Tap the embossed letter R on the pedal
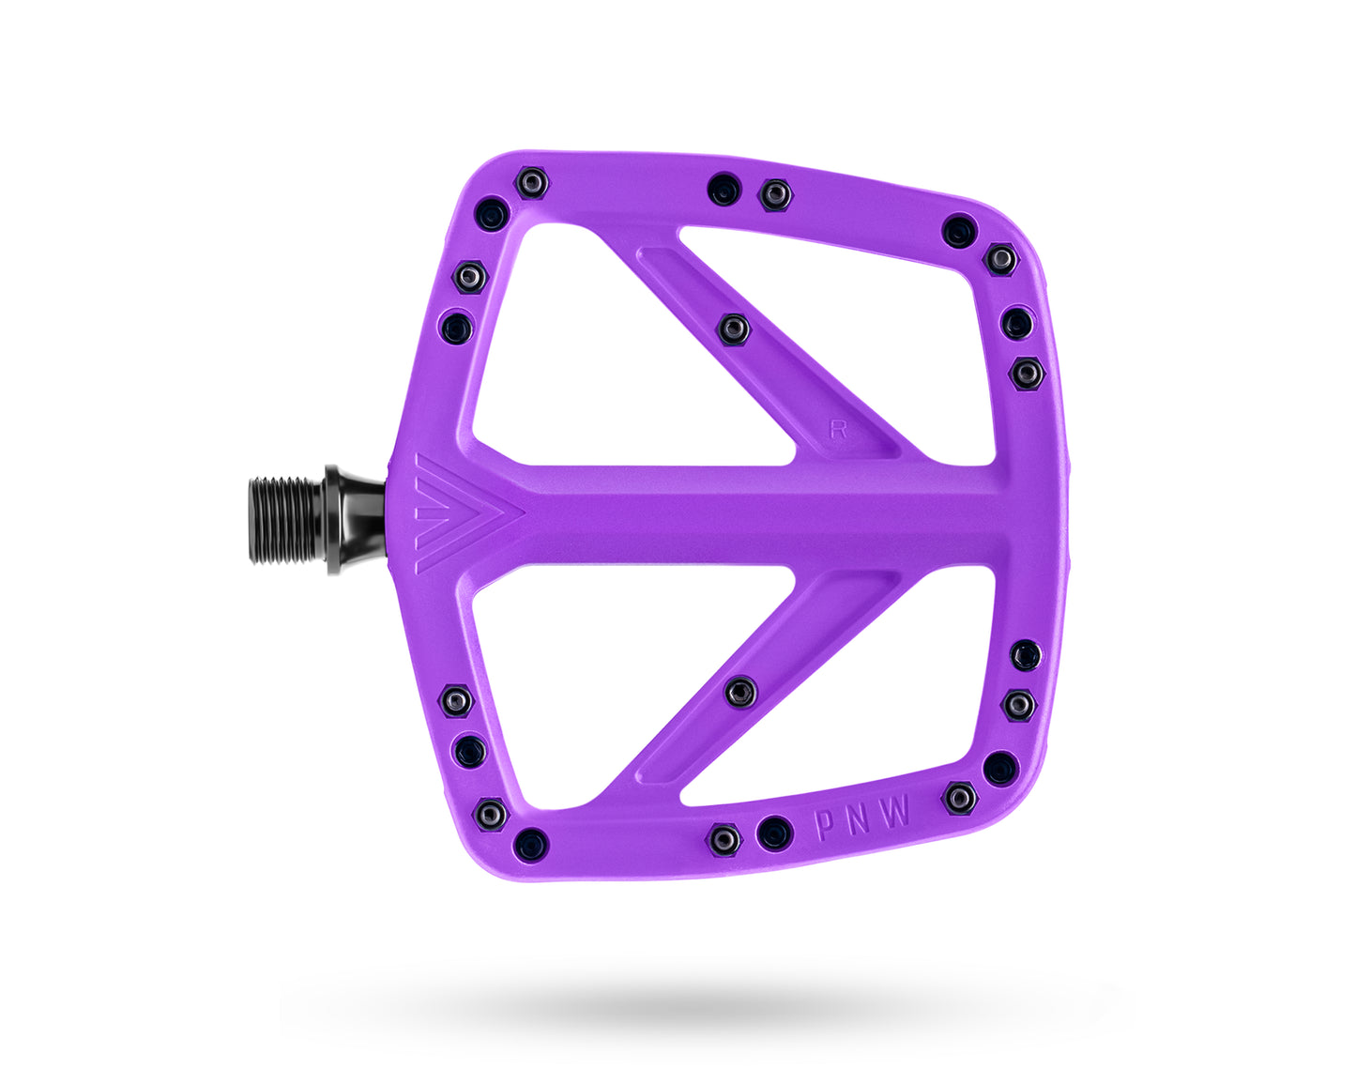click(x=838, y=430)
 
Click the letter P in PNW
click(x=824, y=825)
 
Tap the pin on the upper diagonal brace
click(x=733, y=329)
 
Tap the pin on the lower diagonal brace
click(x=740, y=693)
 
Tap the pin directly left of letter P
click(x=774, y=833)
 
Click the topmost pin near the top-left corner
click(x=532, y=182)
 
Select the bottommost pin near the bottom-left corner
click(x=530, y=843)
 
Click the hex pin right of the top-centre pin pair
click(x=774, y=195)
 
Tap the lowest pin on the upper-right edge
click(x=1027, y=374)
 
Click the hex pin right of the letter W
click(x=959, y=798)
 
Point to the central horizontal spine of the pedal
click(x=751, y=516)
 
